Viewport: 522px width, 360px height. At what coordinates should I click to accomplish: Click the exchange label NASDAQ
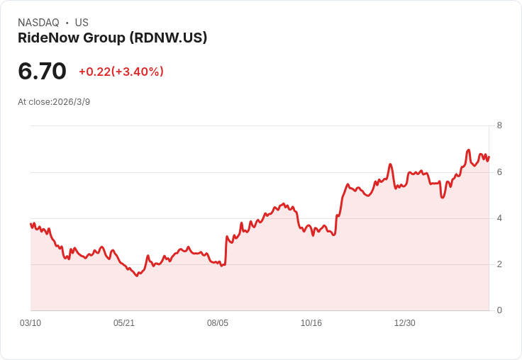pyautogui.click(x=38, y=23)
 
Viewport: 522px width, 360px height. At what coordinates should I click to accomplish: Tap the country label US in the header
pyautogui.click(x=82, y=23)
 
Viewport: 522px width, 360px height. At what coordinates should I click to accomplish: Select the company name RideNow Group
pyautogui.click(x=72, y=38)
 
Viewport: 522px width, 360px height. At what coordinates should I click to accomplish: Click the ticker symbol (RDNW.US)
pyautogui.click(x=168, y=38)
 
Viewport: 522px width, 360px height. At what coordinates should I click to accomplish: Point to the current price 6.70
pyautogui.click(x=43, y=71)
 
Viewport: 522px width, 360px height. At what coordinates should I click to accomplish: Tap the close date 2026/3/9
pyautogui.click(x=72, y=102)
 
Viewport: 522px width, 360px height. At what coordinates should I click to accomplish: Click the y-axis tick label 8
pyautogui.click(x=499, y=126)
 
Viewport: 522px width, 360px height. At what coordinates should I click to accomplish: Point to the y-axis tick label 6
pyautogui.click(x=499, y=172)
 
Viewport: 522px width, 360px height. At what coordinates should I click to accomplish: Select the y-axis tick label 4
pyautogui.click(x=499, y=218)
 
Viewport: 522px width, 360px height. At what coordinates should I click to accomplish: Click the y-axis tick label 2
pyautogui.click(x=499, y=264)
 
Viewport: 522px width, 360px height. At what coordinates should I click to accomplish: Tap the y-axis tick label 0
pyautogui.click(x=499, y=310)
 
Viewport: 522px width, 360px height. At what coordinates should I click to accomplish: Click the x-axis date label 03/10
pyautogui.click(x=30, y=323)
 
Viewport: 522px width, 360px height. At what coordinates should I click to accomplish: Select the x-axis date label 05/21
pyautogui.click(x=124, y=323)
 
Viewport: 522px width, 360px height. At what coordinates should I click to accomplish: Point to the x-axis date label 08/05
pyautogui.click(x=218, y=323)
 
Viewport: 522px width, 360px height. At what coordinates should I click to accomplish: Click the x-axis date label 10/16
pyautogui.click(x=311, y=323)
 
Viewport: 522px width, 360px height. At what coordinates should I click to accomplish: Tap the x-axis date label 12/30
pyautogui.click(x=405, y=323)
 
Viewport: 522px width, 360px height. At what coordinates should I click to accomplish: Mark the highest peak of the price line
pyautogui.click(x=469, y=150)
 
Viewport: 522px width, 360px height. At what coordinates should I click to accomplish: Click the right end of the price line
pyautogui.click(x=489, y=157)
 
